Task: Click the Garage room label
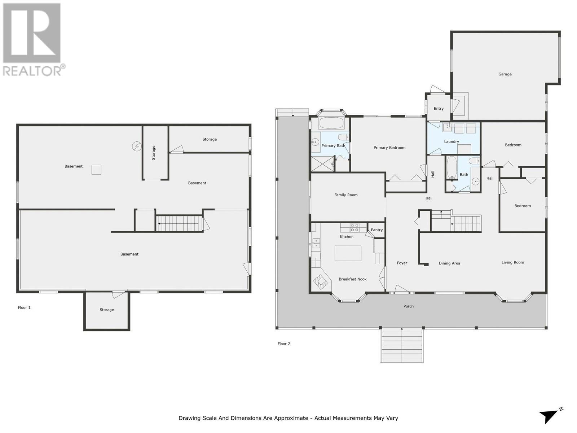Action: [505, 74]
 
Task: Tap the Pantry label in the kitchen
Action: [376, 230]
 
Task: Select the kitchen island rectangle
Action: [348, 253]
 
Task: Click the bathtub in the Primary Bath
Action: [331, 123]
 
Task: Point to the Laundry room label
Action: [451, 141]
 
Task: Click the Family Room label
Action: [345, 195]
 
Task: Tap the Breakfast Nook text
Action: [352, 279]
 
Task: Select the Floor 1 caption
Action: [24, 307]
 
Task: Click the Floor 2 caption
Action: [284, 344]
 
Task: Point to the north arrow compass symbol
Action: [550, 415]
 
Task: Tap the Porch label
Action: [408, 306]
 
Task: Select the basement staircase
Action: [179, 223]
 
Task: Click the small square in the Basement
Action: [96, 169]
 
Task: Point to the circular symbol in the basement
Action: [137, 146]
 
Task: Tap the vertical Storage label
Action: [154, 153]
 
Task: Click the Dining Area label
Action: [449, 263]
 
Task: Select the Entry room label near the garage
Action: [439, 108]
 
